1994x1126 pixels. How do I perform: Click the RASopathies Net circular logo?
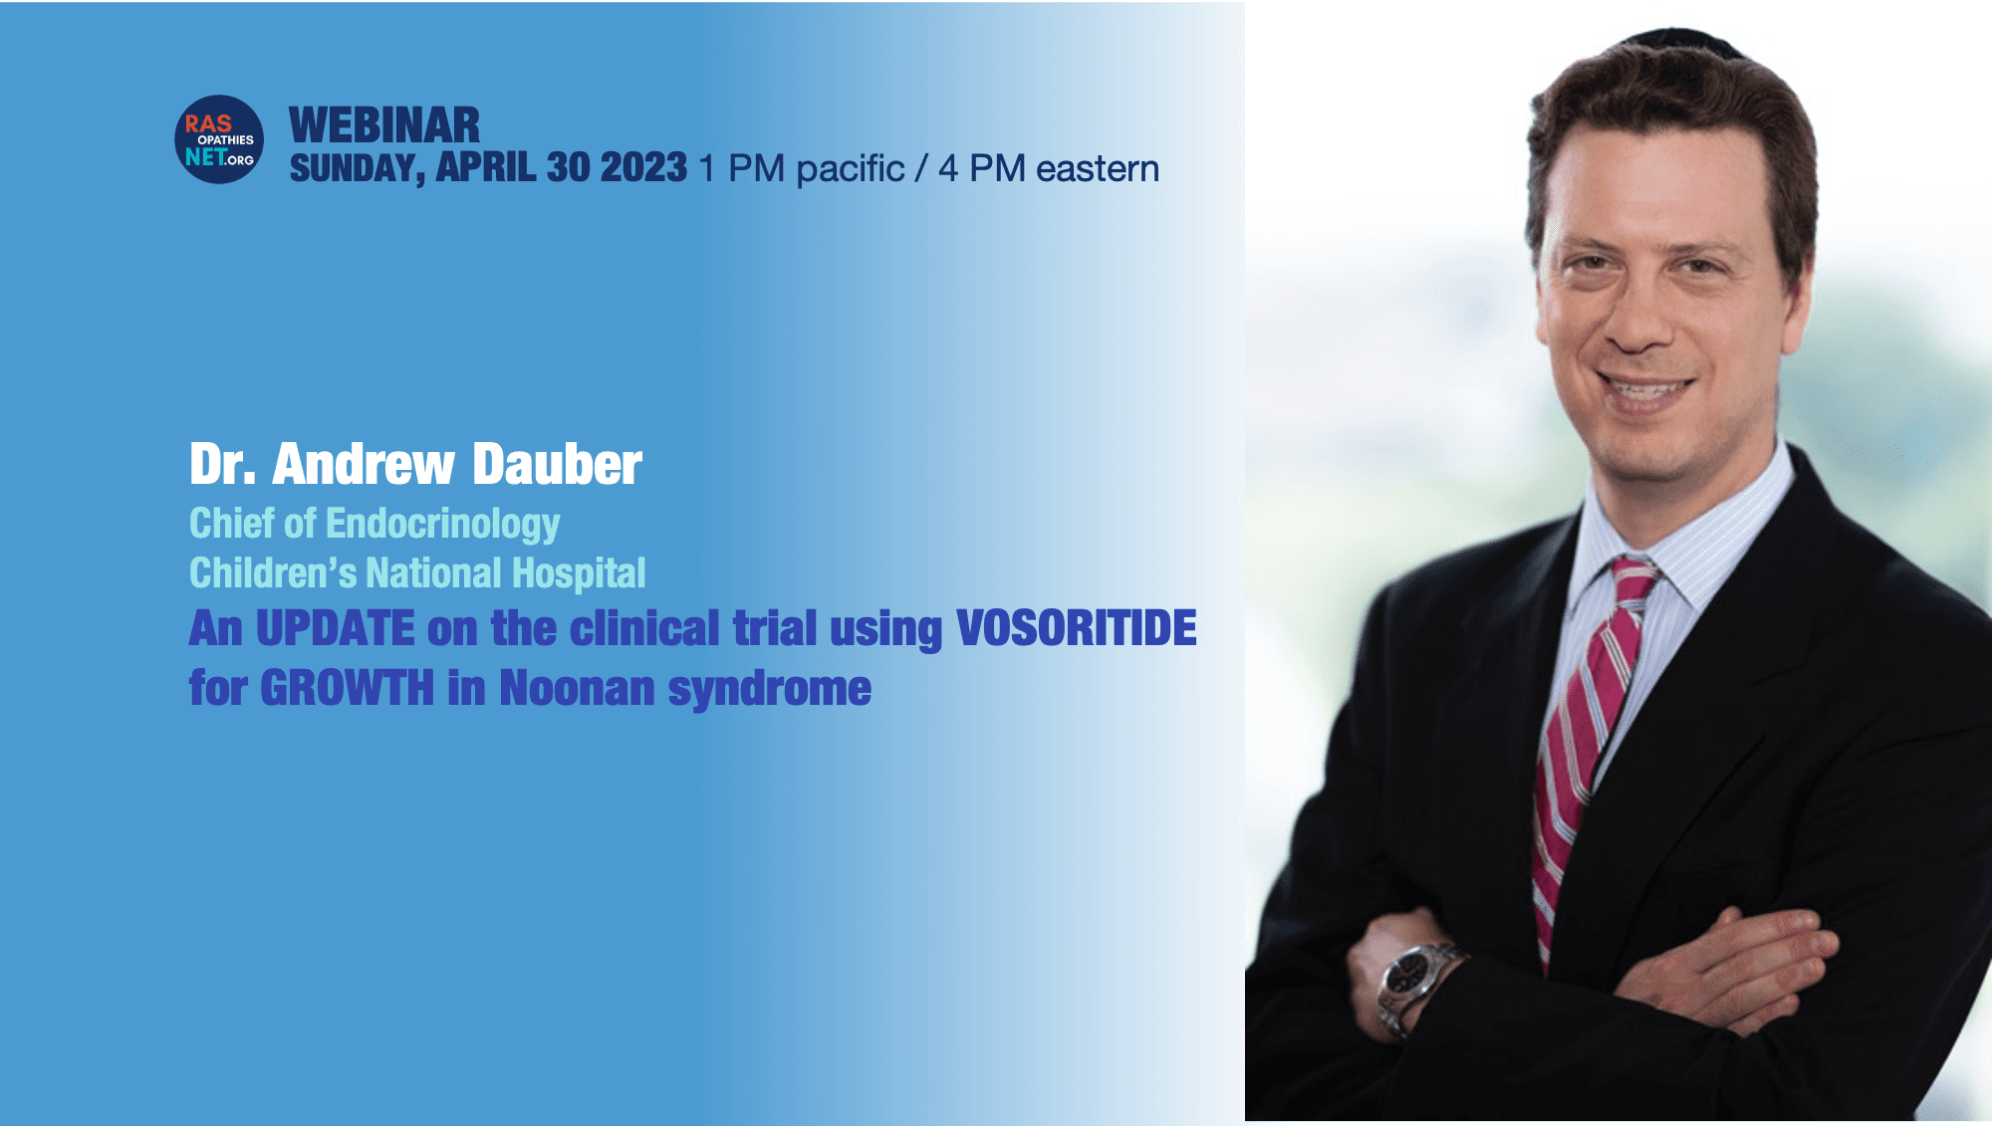tap(219, 139)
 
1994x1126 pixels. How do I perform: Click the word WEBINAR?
tap(384, 125)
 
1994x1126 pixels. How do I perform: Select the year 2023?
tap(643, 167)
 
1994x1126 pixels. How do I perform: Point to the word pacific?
tap(851, 169)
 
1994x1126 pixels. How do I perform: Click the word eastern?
tap(1098, 168)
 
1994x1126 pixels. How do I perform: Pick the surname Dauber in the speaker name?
tap(557, 464)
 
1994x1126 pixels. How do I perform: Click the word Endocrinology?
tap(443, 525)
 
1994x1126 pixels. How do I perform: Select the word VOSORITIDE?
tap(1077, 628)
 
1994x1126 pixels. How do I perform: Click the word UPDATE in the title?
tap(336, 628)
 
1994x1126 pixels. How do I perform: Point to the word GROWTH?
tap(347, 688)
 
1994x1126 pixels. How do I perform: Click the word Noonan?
tap(578, 688)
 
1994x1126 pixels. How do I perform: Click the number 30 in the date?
tap(569, 167)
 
